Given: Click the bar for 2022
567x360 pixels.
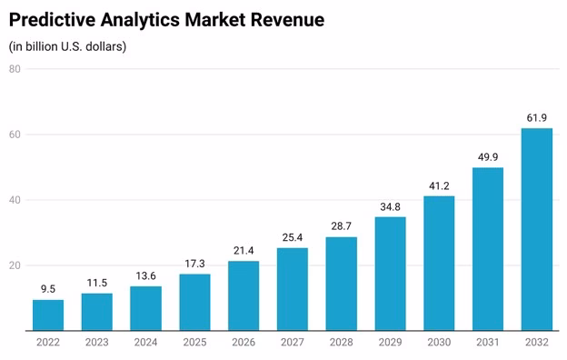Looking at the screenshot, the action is click(48, 315).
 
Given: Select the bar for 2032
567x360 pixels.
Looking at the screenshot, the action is click(537, 229).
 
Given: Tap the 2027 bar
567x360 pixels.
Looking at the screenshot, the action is click(293, 289).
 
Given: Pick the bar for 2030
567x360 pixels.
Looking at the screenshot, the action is click(439, 264).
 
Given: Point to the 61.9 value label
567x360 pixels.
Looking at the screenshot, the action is click(537, 118).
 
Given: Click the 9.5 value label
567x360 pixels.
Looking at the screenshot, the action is click(48, 289).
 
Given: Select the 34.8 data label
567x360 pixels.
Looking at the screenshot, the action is click(390, 207).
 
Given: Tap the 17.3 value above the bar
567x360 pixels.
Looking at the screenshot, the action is click(194, 264).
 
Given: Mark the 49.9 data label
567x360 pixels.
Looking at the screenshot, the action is click(488, 157).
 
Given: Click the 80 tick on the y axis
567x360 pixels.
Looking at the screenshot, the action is click(15, 69).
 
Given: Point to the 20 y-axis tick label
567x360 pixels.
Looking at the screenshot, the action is click(15, 265).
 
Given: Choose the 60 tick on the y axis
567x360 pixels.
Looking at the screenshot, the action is click(15, 135).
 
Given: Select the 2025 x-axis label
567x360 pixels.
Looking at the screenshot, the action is click(194, 342).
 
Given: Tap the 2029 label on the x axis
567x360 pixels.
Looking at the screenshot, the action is click(390, 342).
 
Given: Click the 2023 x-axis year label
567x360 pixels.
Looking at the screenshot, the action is click(97, 342).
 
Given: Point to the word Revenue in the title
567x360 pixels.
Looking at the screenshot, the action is click(287, 19).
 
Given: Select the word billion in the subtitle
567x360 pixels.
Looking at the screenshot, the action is click(42, 46).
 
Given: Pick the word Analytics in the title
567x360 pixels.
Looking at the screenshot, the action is click(140, 20).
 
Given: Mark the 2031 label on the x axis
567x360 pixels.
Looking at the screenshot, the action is click(488, 342).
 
